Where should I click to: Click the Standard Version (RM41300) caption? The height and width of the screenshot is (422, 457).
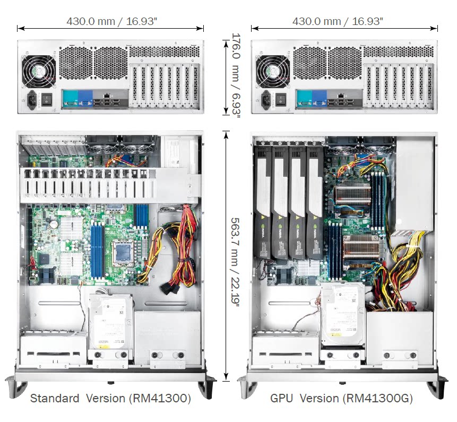tap(110, 398)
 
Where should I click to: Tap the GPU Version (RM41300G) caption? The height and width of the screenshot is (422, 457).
tap(341, 398)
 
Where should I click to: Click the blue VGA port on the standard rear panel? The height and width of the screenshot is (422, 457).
tap(84, 97)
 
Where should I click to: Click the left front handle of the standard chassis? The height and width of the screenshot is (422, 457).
tap(16, 385)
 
